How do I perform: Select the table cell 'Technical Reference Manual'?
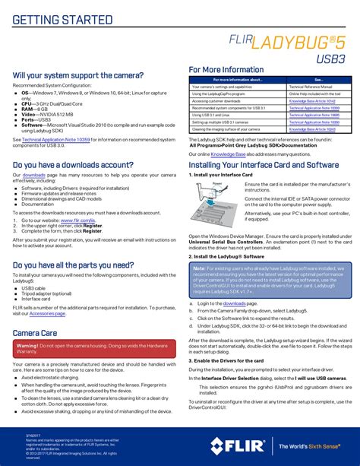click(x=311, y=86)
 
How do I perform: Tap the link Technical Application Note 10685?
click(x=314, y=115)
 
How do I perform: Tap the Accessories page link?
click(x=47, y=313)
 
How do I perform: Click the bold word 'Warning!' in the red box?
click(x=32, y=345)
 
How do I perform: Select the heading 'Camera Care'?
click(x=35, y=333)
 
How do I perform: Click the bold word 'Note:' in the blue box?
click(x=200, y=268)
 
